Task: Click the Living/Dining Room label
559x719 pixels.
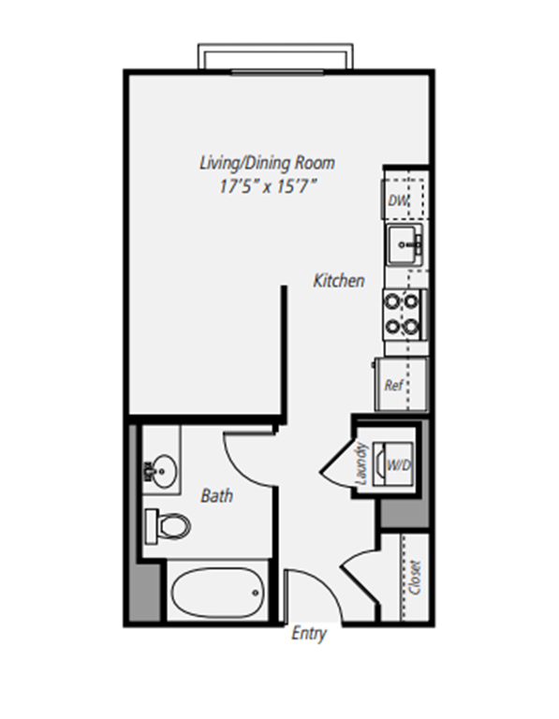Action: [267, 163]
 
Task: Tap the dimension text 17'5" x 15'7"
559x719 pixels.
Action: [267, 185]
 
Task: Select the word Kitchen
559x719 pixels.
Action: [339, 280]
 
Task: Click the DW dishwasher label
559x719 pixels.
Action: [397, 201]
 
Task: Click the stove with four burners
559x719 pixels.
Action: [405, 314]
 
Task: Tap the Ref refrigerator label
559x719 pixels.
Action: [394, 384]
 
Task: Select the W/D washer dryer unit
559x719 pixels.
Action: [395, 463]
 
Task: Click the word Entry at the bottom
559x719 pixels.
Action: [309, 635]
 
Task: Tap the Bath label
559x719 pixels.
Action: [217, 495]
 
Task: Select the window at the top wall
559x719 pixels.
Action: [275, 56]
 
